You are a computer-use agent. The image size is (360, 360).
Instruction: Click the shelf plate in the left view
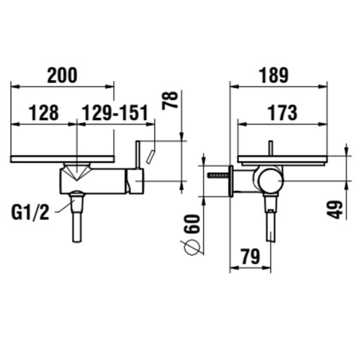point(62,158)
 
